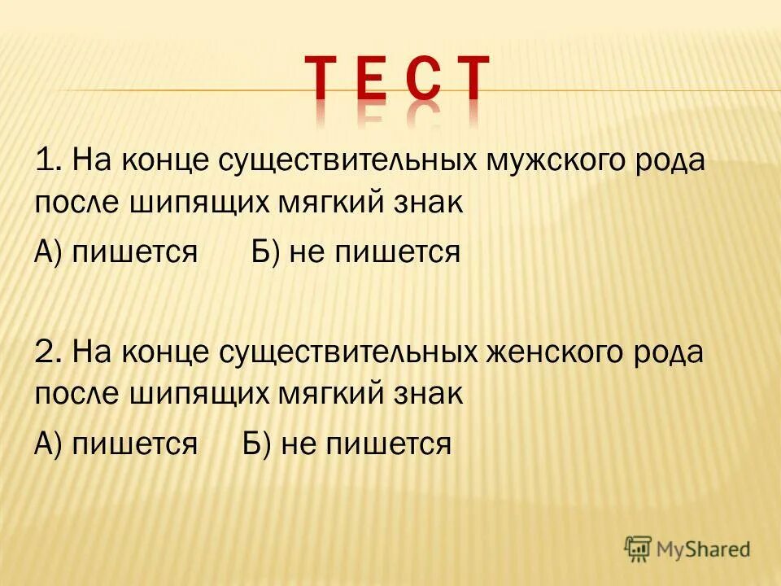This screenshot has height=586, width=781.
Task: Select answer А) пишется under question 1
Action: [116, 252]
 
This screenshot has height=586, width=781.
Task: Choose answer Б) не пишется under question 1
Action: [355, 252]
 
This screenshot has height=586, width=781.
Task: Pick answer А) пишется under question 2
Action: [116, 444]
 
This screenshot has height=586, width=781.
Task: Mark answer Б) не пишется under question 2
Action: [347, 444]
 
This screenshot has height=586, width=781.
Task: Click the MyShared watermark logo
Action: [687, 549]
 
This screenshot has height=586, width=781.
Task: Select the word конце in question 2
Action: [168, 353]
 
